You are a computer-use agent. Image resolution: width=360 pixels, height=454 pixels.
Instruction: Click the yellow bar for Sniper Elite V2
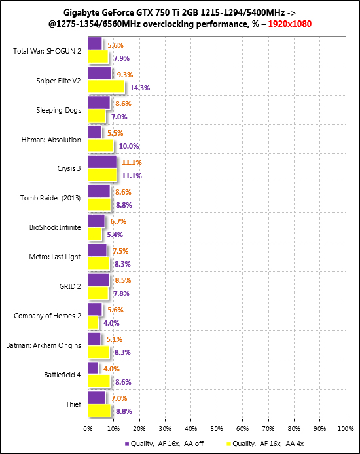tap(106, 86)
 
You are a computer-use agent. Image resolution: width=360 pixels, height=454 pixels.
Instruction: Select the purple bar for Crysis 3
tap(102, 162)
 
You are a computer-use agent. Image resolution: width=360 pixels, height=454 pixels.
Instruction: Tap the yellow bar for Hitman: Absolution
tap(101, 145)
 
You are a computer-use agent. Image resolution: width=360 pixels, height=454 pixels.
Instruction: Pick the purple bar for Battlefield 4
tap(93, 368)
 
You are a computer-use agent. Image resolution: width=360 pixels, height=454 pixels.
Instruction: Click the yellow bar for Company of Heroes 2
tap(93, 322)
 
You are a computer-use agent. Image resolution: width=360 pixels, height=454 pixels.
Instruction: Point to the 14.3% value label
tap(140, 88)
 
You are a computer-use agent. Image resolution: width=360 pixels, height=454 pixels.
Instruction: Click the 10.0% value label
tap(129, 146)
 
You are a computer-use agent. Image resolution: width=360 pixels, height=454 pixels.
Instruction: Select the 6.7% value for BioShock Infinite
tap(118, 221)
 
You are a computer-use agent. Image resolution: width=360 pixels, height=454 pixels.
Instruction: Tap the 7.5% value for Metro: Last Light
tap(120, 251)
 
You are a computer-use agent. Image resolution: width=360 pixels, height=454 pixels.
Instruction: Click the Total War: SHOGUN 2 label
tap(47, 51)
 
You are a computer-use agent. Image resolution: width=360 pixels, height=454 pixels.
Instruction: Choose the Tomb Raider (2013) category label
tap(50, 198)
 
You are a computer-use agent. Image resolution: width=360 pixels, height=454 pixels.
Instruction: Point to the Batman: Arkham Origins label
tap(43, 345)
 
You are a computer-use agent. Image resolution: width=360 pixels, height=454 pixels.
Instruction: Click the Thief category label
tap(73, 404)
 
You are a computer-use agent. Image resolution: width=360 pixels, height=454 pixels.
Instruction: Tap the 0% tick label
tap(88, 429)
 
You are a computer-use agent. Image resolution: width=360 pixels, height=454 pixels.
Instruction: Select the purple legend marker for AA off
tap(127, 444)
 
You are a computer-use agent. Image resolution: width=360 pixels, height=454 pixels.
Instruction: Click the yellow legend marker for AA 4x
tap(228, 444)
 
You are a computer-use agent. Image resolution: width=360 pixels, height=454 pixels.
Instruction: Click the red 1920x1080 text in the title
tap(290, 24)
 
